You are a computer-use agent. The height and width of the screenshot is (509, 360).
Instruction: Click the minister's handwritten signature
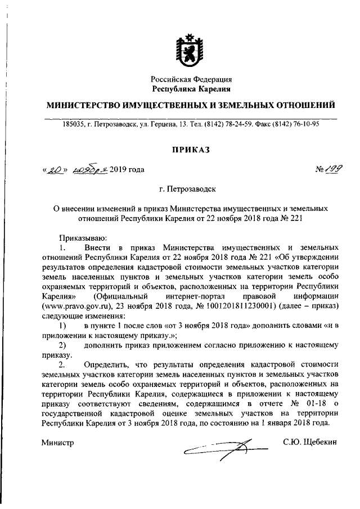pos(225,448)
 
